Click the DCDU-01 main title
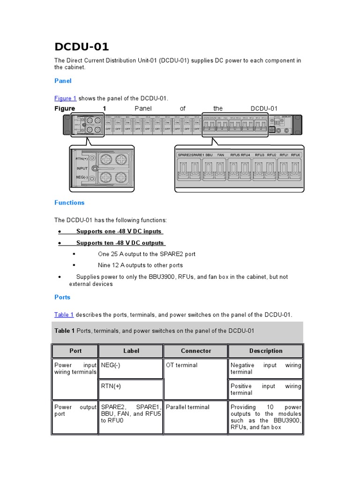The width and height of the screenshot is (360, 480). (x=82, y=47)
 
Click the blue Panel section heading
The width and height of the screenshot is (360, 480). (x=63, y=81)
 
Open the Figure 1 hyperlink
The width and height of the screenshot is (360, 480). (x=65, y=98)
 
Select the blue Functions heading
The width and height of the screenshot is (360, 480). (x=69, y=203)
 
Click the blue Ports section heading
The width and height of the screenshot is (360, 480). (x=62, y=297)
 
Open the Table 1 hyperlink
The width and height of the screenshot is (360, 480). (x=64, y=315)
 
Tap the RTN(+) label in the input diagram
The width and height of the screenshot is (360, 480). (x=82, y=159)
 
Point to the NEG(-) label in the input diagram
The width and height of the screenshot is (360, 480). (x=82, y=177)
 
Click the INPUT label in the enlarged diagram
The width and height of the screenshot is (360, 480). (x=82, y=168)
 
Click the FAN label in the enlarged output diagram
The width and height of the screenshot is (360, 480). (x=221, y=154)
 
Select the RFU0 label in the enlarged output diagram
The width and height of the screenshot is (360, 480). (x=295, y=154)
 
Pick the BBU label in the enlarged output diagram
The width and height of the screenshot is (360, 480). (x=209, y=154)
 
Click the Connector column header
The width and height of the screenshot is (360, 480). (x=196, y=351)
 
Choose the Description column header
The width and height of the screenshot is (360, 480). (x=266, y=351)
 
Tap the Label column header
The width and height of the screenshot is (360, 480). (x=131, y=351)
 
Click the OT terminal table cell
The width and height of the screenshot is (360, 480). (x=182, y=365)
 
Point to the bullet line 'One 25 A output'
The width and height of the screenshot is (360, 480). (x=146, y=254)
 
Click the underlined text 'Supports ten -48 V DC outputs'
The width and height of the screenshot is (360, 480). (x=120, y=243)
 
